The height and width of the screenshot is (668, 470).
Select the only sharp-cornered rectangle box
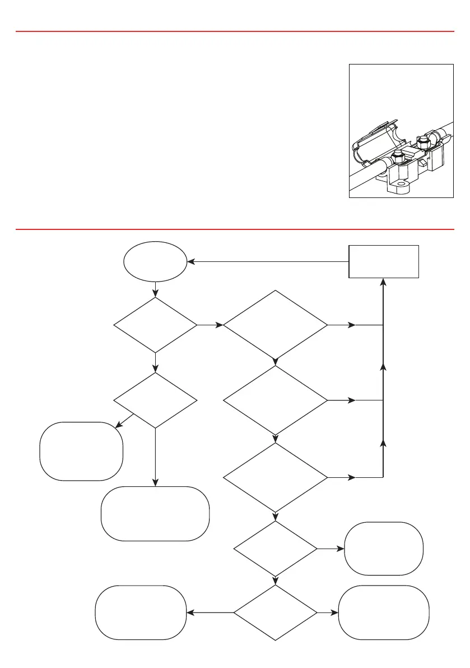coord(384,261)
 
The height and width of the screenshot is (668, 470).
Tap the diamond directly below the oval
coord(155,325)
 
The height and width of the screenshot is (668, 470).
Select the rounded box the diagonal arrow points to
coord(81,451)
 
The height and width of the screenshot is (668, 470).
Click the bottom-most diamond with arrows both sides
coord(275,613)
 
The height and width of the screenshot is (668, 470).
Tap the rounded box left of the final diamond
coord(141,612)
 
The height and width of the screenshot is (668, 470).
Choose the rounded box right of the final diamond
coord(384,612)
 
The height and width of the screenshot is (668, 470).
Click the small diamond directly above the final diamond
coord(275,549)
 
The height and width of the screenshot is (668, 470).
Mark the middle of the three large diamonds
coord(275,400)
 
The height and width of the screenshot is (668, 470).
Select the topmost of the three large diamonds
coord(275,325)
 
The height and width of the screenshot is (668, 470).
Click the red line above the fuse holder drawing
coord(235,32)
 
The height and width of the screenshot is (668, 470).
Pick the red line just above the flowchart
coord(235,229)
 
